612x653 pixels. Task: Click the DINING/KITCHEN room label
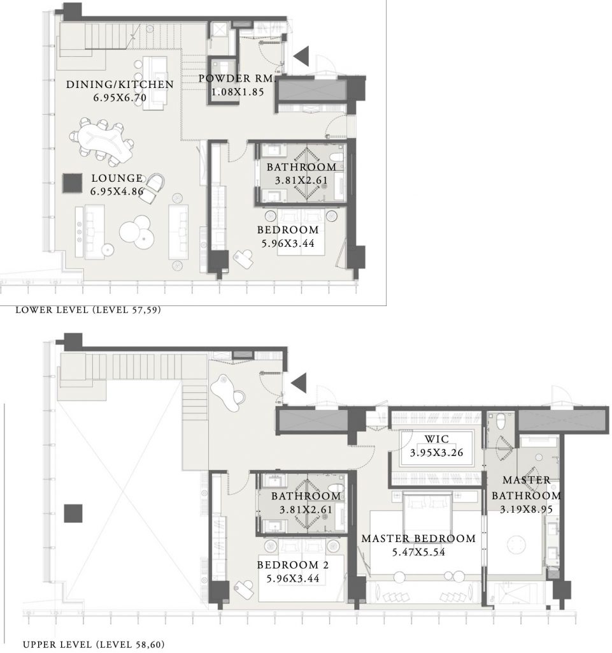pos(120,85)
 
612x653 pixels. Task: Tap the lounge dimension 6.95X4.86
pos(117,191)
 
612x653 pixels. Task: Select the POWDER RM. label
pos(236,78)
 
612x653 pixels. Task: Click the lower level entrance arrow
pos(302,56)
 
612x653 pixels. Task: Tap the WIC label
pos(436,439)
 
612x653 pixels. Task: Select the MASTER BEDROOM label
pos(418,538)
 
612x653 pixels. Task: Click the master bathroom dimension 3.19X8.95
pos(526,510)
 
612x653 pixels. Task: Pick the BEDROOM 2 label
pos(293,565)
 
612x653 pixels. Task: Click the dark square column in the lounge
pos(73,183)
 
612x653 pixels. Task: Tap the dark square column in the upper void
pos(73,513)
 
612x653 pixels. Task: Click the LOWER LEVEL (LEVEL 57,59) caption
pos(88,310)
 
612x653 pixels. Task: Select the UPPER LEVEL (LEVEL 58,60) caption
pos(94,645)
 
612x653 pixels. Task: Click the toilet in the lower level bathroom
pos(336,157)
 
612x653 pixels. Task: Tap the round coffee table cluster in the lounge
pos(137,231)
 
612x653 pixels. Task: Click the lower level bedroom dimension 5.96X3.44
pos(288,243)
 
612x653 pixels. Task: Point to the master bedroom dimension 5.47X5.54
pos(418,552)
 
